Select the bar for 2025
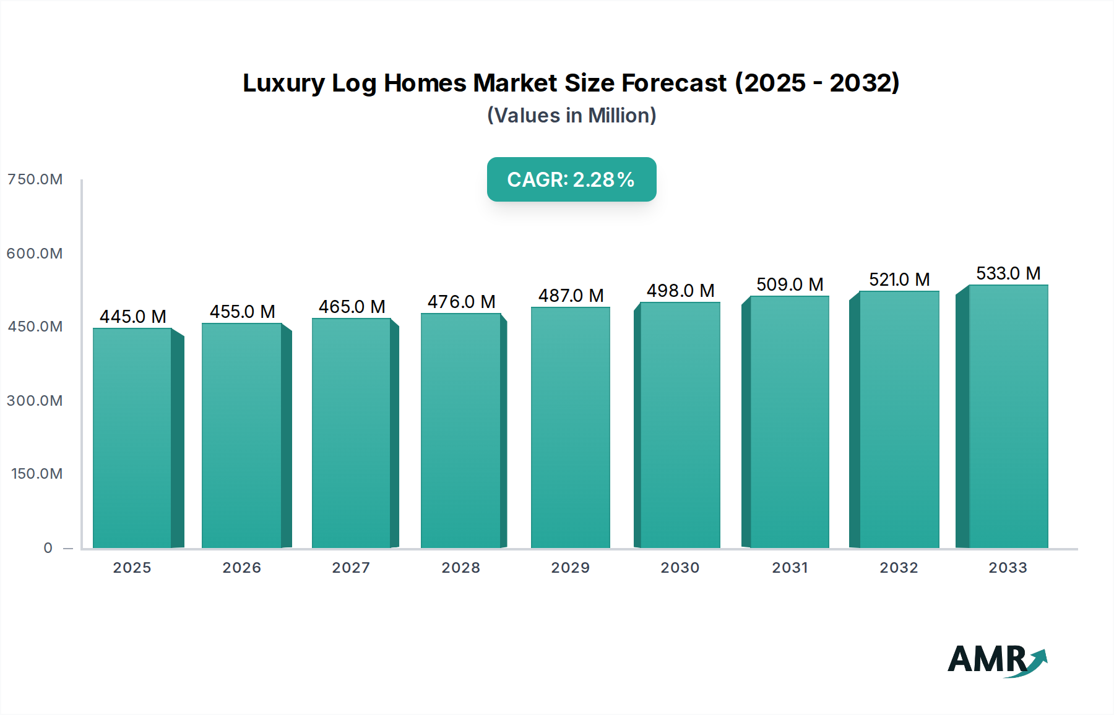[x=132, y=438]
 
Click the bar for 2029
[x=570, y=427]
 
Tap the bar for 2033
[x=1008, y=416]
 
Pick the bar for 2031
[x=789, y=422]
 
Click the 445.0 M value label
[x=133, y=317]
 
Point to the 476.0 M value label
[x=462, y=302]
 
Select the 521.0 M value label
[x=899, y=280]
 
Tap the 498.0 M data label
[x=680, y=291]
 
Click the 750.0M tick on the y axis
[x=35, y=179]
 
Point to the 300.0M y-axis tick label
[x=35, y=401]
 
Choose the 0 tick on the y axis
[x=48, y=548]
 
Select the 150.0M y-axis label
[x=37, y=474]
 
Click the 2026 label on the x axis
[x=242, y=568]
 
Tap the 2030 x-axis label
[x=680, y=568]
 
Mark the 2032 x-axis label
[x=899, y=568]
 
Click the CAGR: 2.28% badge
[x=571, y=179]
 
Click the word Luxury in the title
[x=283, y=83]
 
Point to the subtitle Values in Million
[x=571, y=116]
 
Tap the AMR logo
[x=996, y=660]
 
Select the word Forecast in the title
[x=674, y=83]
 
